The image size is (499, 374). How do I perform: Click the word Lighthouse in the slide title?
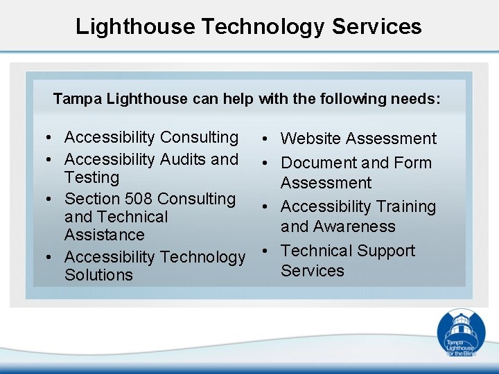tap(136, 26)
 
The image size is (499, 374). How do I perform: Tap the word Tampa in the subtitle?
tap(72, 99)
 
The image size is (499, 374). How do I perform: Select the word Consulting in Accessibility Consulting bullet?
tap(199, 138)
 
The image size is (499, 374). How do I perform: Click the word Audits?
tap(184, 159)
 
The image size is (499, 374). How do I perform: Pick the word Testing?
tap(91, 177)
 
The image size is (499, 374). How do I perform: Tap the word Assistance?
tap(105, 235)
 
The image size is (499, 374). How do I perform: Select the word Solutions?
tap(98, 275)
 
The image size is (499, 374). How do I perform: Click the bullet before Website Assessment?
tap(266, 139)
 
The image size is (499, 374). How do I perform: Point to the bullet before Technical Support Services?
tap(266, 251)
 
